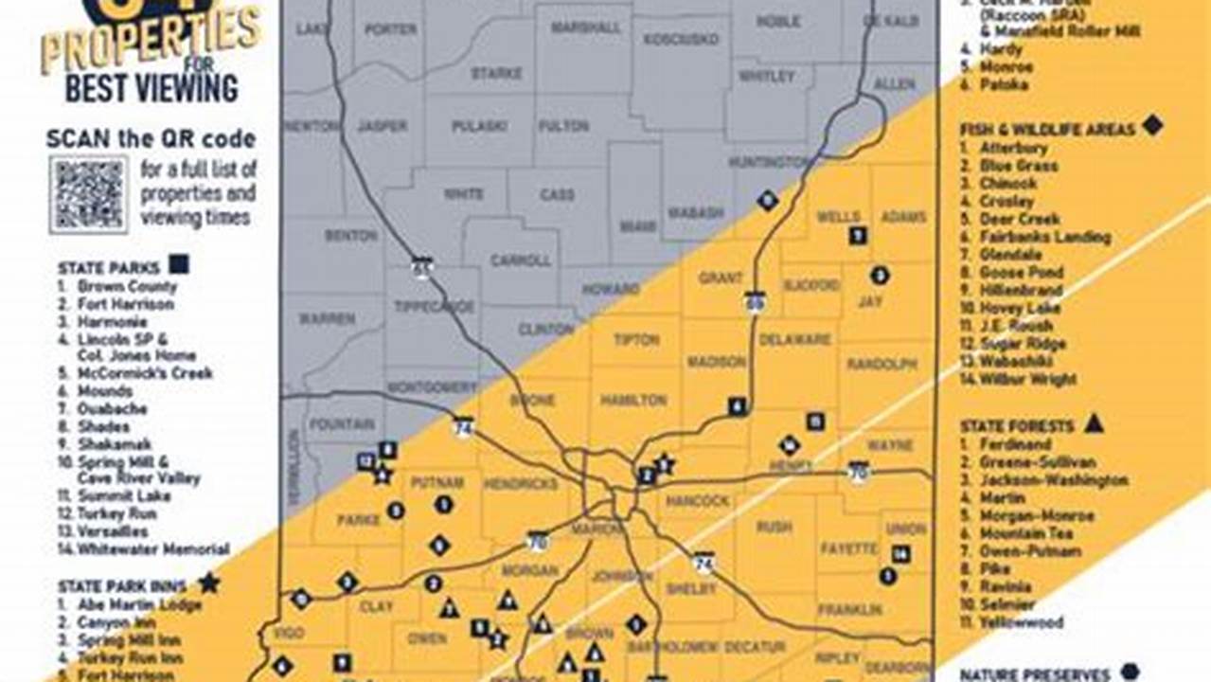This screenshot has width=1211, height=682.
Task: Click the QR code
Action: [x=88, y=195]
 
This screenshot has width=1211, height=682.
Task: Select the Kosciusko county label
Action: [x=681, y=39]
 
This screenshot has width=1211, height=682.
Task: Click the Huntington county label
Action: [x=768, y=162]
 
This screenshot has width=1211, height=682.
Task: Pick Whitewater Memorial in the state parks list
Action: [x=153, y=548]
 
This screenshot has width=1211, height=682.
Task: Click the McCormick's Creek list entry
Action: [x=145, y=373]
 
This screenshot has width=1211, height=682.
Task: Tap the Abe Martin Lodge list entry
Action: [x=140, y=604]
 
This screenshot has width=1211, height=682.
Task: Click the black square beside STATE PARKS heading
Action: [x=178, y=264]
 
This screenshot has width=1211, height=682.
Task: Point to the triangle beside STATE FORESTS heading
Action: [x=1094, y=423]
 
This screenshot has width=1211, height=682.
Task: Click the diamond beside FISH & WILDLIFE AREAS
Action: [x=1151, y=124]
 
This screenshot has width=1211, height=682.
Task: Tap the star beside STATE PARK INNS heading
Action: [x=208, y=582]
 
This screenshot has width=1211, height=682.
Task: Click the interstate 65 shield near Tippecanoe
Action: [x=421, y=267]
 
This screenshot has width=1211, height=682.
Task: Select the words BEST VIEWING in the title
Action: [x=151, y=87]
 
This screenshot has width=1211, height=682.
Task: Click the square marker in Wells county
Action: [x=858, y=236]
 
